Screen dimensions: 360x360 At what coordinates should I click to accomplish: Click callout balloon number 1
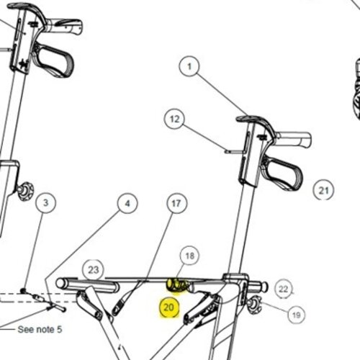[x=189, y=66]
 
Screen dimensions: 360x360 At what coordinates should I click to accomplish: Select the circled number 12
[x=174, y=119]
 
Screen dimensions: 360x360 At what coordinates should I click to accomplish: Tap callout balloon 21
[x=323, y=190]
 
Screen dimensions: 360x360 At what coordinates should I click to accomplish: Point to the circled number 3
[x=45, y=203]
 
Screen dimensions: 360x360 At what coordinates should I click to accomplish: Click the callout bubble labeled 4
[x=127, y=203]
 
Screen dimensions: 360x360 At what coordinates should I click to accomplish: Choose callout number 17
[x=176, y=203]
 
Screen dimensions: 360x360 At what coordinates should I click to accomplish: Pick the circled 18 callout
[x=190, y=256]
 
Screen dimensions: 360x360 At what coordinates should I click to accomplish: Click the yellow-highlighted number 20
[x=169, y=307]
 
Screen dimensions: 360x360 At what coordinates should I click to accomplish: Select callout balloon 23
[x=93, y=270]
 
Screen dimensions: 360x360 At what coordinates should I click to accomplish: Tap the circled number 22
[x=284, y=289]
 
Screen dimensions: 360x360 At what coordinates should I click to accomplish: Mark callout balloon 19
[x=297, y=315]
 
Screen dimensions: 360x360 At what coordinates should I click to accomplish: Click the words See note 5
[x=40, y=329]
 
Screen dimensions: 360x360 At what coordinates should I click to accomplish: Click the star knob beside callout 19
[x=254, y=305]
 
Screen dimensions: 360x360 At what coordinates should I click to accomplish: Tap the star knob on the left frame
[x=25, y=192]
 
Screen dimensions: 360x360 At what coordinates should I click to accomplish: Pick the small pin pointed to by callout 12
[x=234, y=152]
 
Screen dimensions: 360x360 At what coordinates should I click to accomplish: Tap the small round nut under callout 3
[x=23, y=291]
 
